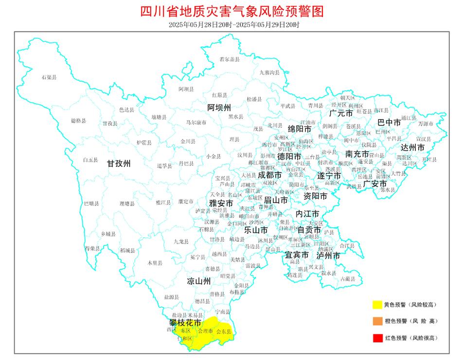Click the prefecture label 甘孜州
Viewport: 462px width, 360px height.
point(119,164)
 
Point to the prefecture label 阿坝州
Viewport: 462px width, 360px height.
point(219,107)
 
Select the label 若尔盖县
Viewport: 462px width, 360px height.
point(230,59)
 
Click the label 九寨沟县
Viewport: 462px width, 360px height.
point(269,72)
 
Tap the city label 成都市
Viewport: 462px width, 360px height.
point(269,174)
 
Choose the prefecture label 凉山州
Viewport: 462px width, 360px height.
point(199,281)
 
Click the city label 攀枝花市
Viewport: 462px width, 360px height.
point(185,322)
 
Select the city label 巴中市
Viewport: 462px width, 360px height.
point(390,122)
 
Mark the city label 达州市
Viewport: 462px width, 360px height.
point(412,147)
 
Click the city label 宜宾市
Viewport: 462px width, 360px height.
point(297,255)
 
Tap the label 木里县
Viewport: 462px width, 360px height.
point(155,262)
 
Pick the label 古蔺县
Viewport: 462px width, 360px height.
point(347,279)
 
